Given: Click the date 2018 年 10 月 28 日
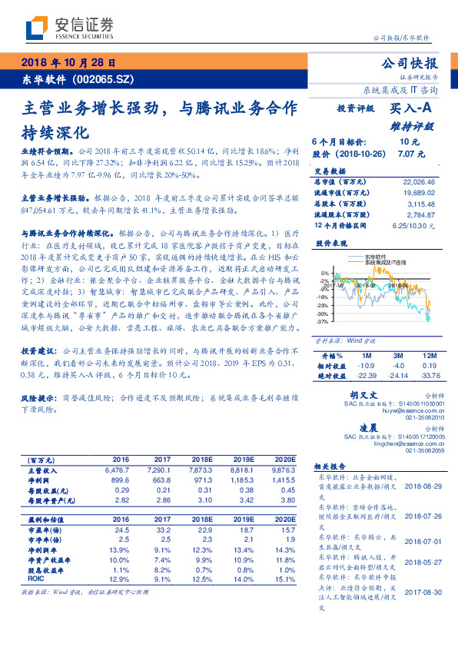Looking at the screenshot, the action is click(69, 63).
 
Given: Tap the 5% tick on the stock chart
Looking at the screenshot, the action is click(323, 273).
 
